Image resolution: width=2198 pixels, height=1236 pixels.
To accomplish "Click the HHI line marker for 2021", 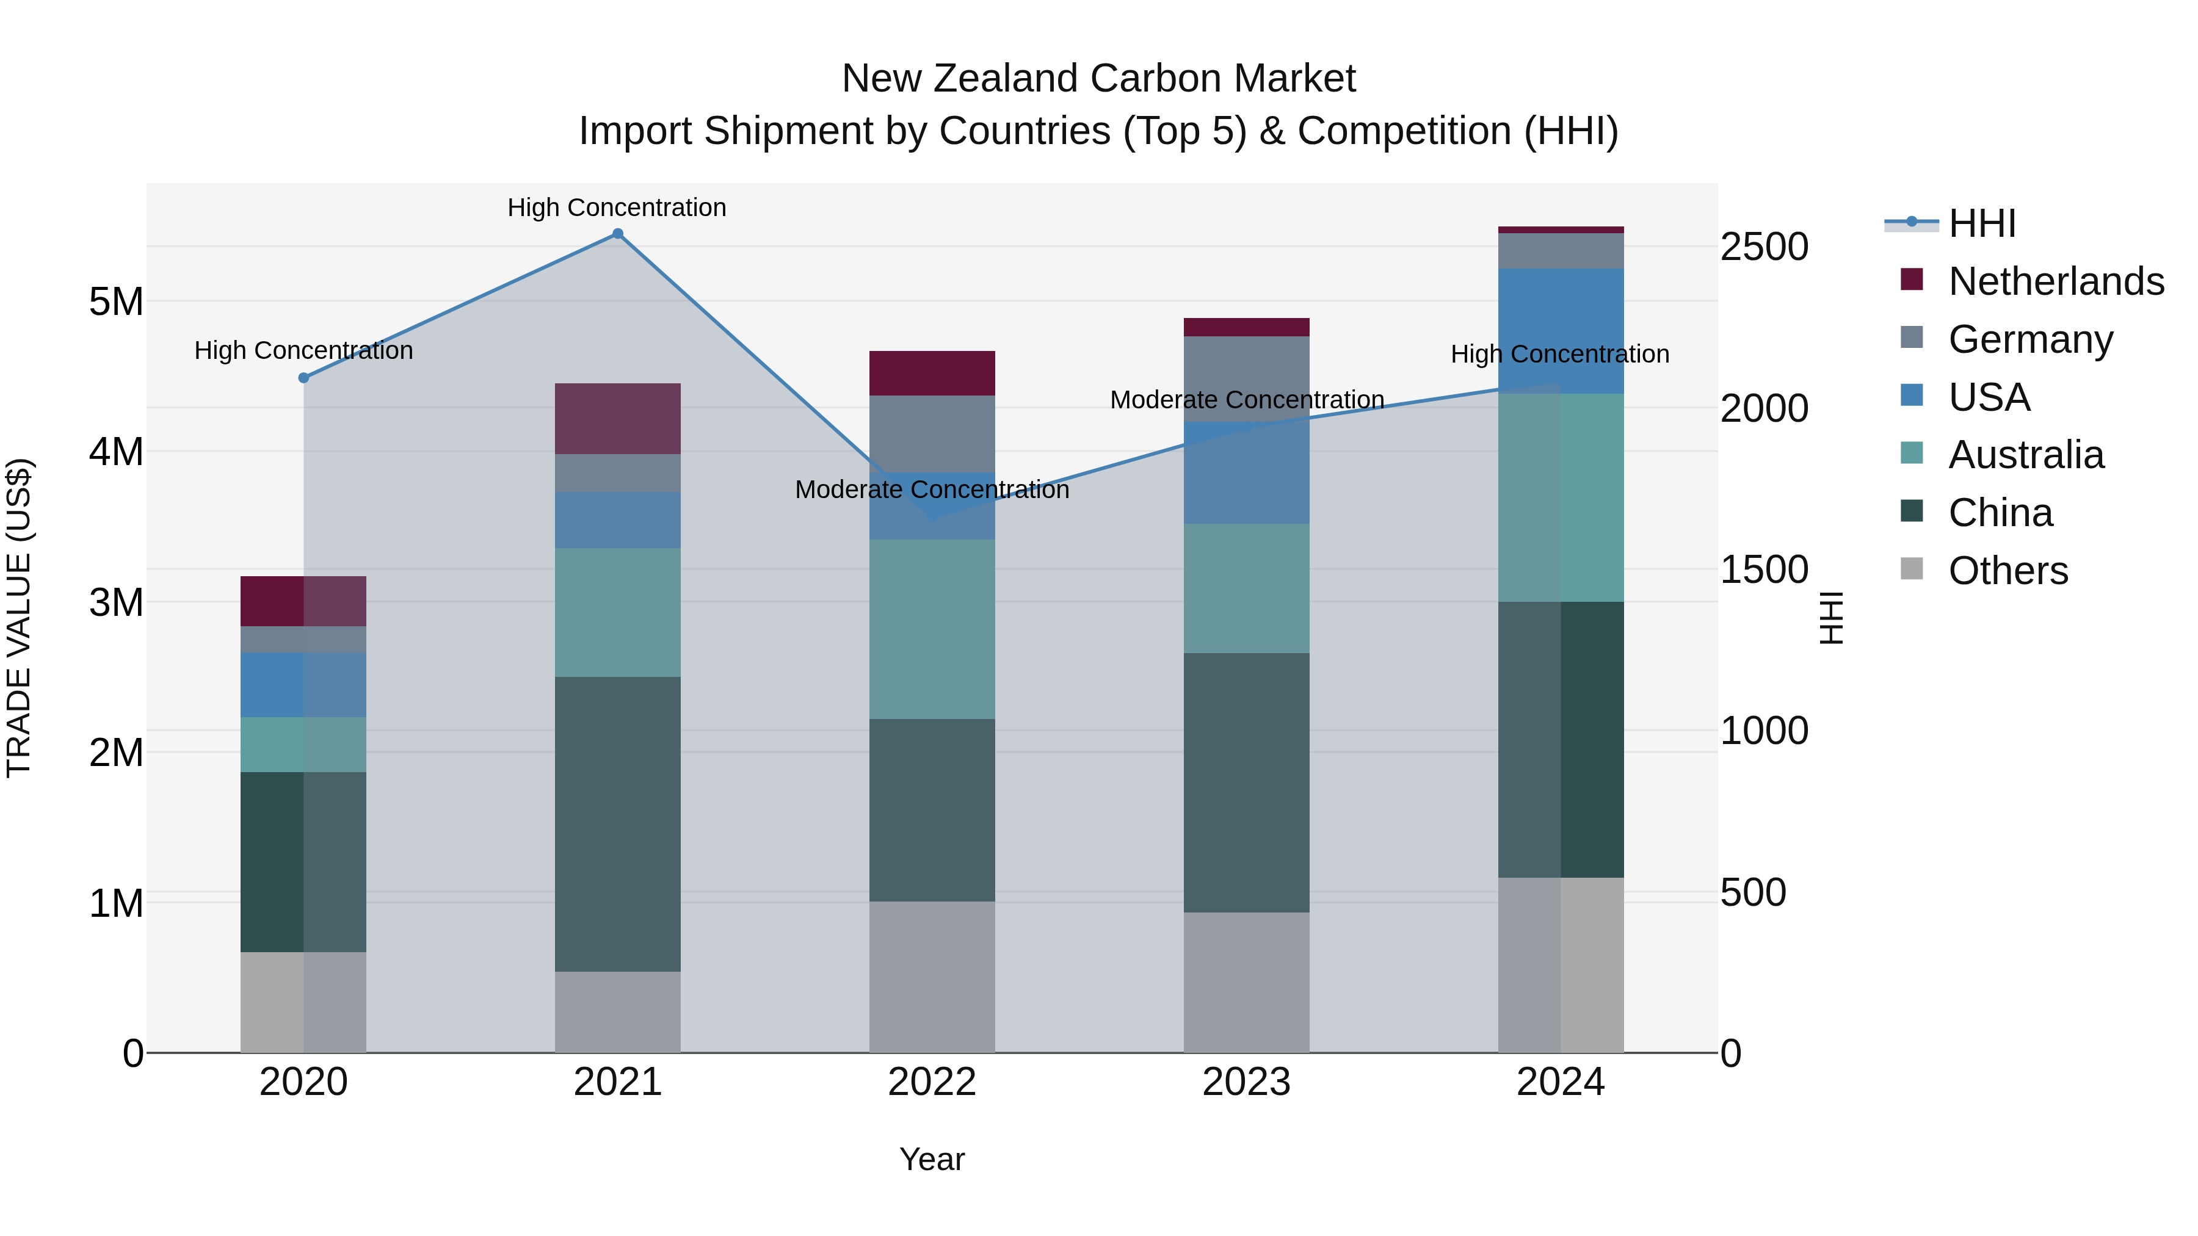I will tap(618, 234).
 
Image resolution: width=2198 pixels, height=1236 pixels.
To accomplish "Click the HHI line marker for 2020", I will tap(304, 378).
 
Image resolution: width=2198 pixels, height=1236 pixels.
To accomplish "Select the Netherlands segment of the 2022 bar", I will tap(932, 373).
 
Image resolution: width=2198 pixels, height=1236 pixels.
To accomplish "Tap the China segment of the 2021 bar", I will tap(618, 823).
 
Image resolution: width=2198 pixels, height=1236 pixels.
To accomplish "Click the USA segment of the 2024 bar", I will tap(1560, 331).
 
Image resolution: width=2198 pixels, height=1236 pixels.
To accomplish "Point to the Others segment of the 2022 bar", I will tap(932, 976).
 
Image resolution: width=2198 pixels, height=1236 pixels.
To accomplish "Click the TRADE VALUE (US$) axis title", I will tap(20, 618).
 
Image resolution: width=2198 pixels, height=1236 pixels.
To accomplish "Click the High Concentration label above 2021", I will tap(617, 208).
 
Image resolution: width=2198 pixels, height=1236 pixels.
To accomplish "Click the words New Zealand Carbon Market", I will tap(1098, 79).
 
